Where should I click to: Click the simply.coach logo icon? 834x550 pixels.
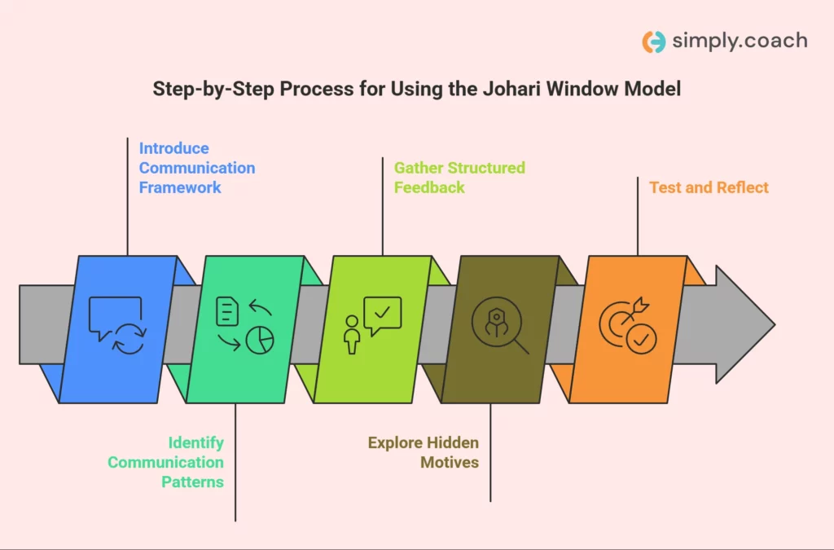click(x=653, y=42)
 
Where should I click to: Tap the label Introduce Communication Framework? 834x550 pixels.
click(x=196, y=168)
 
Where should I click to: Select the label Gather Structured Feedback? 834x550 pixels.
click(x=459, y=178)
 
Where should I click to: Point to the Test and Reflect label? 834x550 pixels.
click(x=709, y=187)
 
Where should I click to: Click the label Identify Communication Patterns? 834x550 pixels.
click(x=166, y=462)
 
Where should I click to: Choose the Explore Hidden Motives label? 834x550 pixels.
click(x=423, y=452)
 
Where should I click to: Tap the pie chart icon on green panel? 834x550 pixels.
click(x=260, y=340)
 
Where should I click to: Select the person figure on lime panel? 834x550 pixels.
click(x=352, y=335)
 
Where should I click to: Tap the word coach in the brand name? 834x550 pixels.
click(x=773, y=42)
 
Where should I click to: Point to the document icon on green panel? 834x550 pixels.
click(x=227, y=311)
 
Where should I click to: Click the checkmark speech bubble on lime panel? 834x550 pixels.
click(x=383, y=315)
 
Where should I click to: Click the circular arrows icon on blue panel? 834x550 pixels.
click(x=129, y=339)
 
